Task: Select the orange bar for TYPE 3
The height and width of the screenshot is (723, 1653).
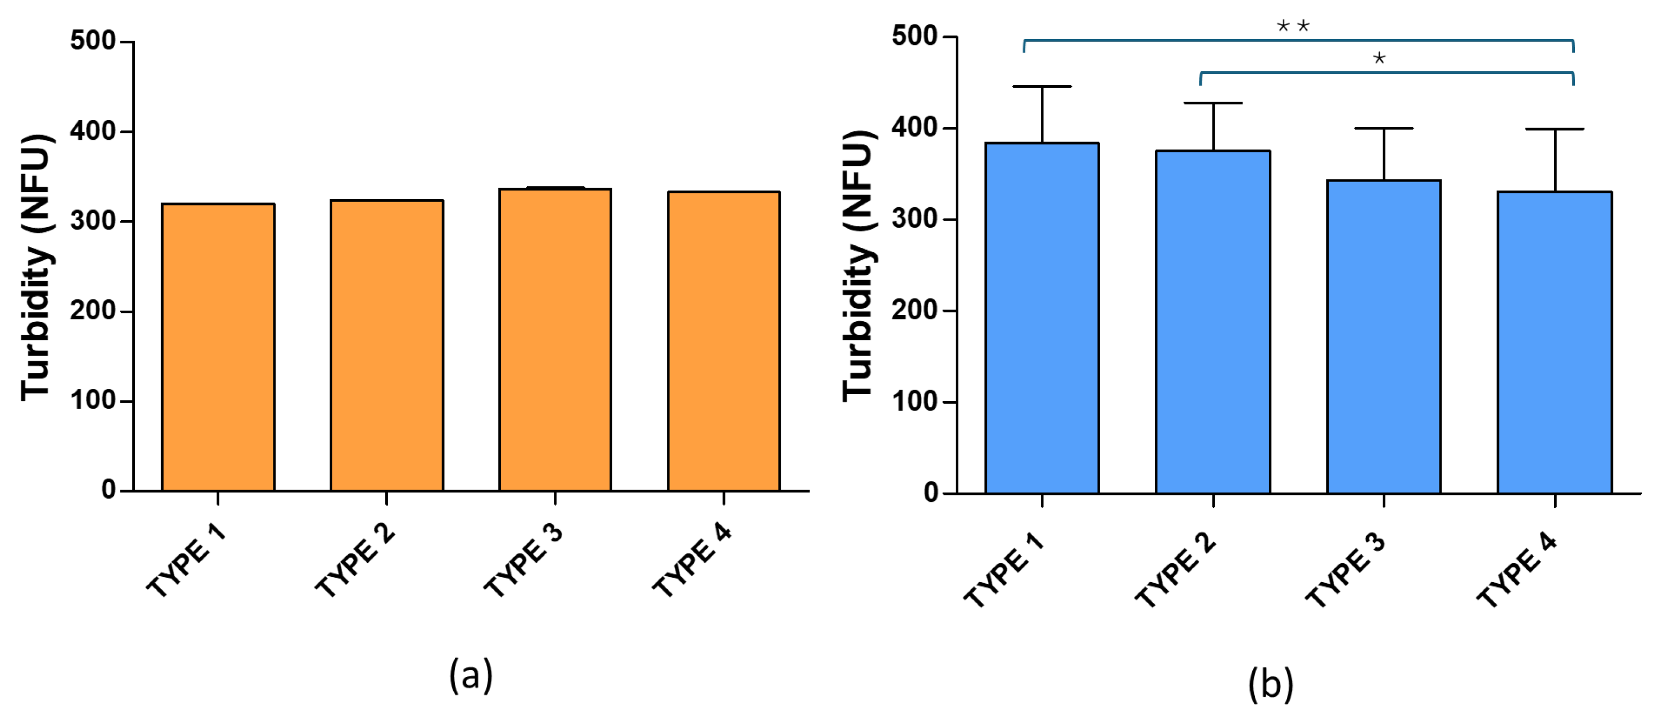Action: (x=555, y=340)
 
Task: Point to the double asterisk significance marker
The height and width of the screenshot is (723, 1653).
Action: (x=1293, y=26)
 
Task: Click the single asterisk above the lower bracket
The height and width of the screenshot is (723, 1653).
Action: (x=1379, y=59)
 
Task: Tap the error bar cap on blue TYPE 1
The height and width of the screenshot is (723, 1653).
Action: (x=1042, y=87)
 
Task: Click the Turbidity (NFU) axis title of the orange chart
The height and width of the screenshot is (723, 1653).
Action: (x=36, y=267)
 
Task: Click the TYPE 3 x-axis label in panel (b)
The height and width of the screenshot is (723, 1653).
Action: (x=1346, y=570)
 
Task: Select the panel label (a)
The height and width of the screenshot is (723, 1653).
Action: (x=470, y=675)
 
